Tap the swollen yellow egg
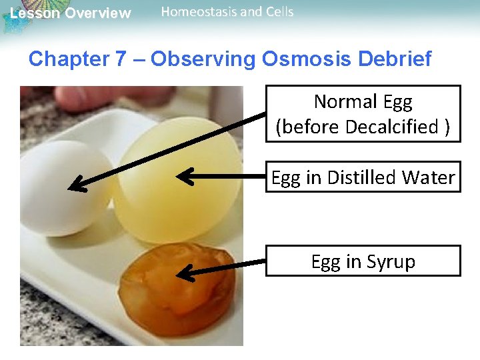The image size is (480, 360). [x=173, y=180]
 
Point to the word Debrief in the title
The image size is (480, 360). [x=395, y=59]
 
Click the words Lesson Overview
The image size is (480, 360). [x=71, y=13]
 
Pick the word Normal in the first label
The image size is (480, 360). [x=344, y=102]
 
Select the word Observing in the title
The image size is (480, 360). [x=203, y=59]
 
